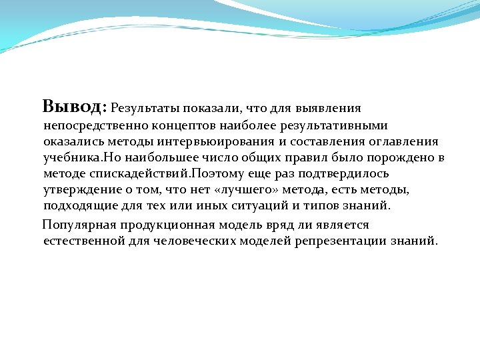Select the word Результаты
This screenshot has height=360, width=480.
pos(145,107)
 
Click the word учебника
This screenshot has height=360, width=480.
pos(72,158)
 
